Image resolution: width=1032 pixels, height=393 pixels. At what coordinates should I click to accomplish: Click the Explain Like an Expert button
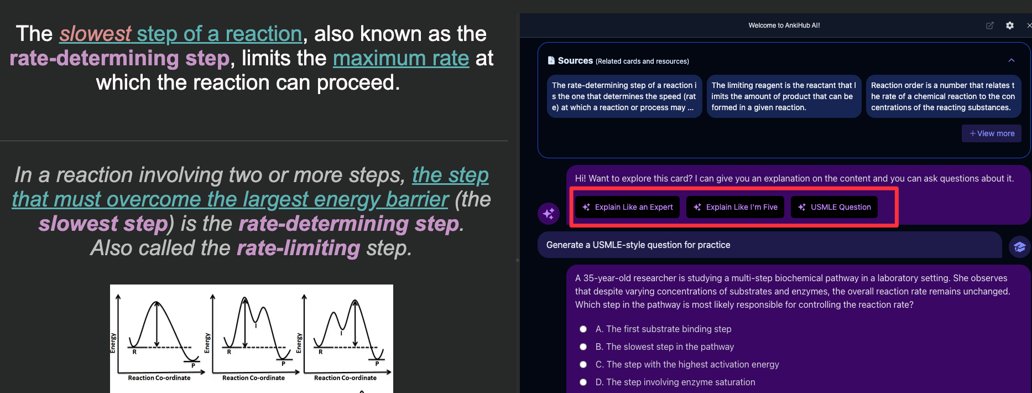click(x=627, y=207)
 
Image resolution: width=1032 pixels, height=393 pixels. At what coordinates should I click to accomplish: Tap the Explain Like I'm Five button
click(x=736, y=207)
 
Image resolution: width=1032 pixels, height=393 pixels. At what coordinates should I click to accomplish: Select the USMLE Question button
click(x=834, y=207)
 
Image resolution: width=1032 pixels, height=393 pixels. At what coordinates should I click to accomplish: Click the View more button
click(x=992, y=133)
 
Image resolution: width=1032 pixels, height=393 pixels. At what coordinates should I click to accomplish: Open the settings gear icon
click(x=1010, y=25)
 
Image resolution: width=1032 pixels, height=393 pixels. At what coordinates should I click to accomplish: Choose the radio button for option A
click(x=583, y=329)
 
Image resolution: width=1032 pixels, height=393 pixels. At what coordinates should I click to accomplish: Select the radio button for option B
click(x=583, y=347)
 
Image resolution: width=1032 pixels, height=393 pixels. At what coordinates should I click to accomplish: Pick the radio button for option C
click(x=583, y=364)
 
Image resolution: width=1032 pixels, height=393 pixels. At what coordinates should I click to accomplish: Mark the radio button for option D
click(x=583, y=382)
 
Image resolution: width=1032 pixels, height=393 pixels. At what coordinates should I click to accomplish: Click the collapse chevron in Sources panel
click(x=1012, y=60)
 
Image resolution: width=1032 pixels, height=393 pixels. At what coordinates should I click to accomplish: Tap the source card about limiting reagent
click(x=784, y=96)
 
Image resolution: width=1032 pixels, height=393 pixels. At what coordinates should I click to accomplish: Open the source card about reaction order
click(x=944, y=96)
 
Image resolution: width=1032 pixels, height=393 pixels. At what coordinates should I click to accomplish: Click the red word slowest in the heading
click(x=96, y=34)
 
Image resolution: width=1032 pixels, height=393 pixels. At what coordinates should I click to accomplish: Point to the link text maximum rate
click(x=401, y=58)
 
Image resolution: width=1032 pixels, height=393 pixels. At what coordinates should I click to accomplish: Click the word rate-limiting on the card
click(x=299, y=248)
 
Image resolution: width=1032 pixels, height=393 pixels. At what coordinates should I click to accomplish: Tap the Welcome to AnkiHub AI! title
click(x=784, y=25)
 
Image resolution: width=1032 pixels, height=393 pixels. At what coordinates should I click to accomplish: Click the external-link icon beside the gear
click(x=990, y=25)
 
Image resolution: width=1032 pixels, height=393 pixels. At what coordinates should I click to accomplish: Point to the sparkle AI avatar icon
click(x=549, y=213)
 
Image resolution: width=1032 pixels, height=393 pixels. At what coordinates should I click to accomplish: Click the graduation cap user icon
click(x=1020, y=247)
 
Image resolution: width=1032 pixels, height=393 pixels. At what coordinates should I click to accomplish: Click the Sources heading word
click(x=575, y=61)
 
